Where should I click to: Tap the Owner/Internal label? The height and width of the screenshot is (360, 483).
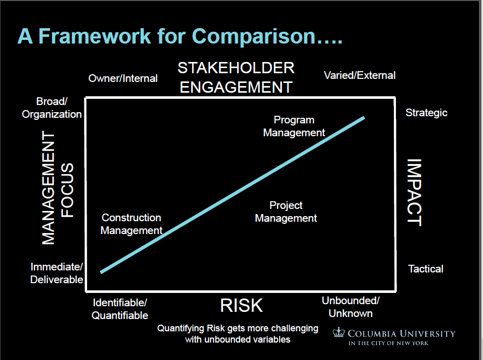click(x=123, y=78)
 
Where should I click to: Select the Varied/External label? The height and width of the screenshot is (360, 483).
click(x=360, y=75)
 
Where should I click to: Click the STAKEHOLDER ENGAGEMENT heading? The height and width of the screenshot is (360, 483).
click(x=236, y=78)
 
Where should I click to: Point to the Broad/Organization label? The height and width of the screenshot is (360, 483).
click(x=52, y=108)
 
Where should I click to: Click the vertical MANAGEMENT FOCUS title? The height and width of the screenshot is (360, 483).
click(x=57, y=188)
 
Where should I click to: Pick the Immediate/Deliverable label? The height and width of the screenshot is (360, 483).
click(x=57, y=273)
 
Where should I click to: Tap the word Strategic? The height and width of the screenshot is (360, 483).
click(x=426, y=113)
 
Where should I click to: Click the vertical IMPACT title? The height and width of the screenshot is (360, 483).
click(x=414, y=193)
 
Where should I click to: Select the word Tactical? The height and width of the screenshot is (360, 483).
click(x=426, y=269)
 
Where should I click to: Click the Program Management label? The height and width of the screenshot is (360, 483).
click(x=294, y=126)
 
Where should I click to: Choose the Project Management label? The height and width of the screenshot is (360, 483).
click(x=286, y=212)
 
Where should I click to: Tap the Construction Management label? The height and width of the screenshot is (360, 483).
click(x=132, y=224)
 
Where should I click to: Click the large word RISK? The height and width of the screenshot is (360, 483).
click(x=242, y=306)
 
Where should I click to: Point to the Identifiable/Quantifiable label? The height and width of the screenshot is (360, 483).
click(x=120, y=309)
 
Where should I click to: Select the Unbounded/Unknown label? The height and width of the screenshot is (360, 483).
click(x=350, y=307)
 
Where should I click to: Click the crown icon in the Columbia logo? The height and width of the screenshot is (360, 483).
click(x=339, y=332)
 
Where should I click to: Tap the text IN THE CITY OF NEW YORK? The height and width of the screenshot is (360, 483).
click(x=388, y=343)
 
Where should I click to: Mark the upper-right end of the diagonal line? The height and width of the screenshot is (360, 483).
click(x=364, y=118)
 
